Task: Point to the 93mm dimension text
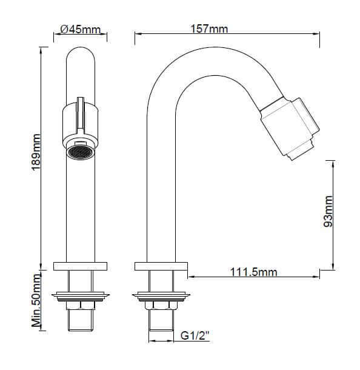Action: [x=328, y=211]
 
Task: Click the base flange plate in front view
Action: [x=80, y=266]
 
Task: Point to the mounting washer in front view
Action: [x=80, y=296]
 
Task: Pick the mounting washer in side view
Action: [x=161, y=296]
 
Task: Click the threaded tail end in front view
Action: [x=80, y=320]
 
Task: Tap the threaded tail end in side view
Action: [x=161, y=320]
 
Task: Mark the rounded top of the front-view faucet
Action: [x=80, y=58]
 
